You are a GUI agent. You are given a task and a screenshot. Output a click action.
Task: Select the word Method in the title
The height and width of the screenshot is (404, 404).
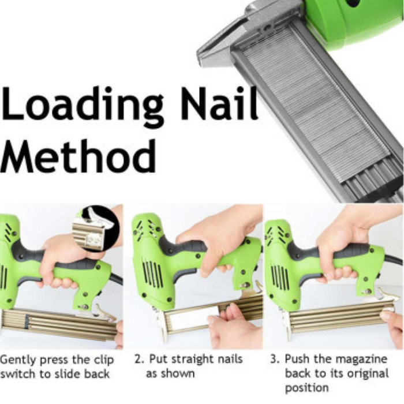(x=78, y=156)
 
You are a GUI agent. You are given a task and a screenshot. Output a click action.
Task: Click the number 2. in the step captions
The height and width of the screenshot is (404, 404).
(x=139, y=359)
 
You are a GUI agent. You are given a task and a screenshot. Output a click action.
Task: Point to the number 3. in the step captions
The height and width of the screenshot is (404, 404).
(x=275, y=359)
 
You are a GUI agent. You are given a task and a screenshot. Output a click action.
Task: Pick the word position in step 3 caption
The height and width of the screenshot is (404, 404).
(x=306, y=388)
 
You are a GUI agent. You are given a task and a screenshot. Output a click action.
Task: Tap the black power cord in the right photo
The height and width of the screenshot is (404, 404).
(x=394, y=260)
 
